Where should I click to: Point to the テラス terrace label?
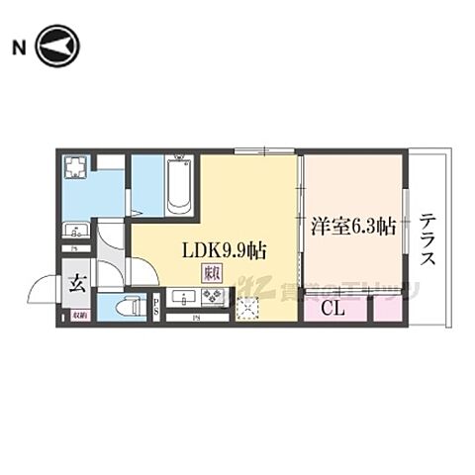point(427,240)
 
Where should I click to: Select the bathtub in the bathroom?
point(179,184)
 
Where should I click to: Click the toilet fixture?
point(126,308)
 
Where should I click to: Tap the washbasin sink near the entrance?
point(75,231)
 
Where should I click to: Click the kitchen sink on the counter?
point(182,296)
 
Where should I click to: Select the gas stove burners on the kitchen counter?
point(213,296)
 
